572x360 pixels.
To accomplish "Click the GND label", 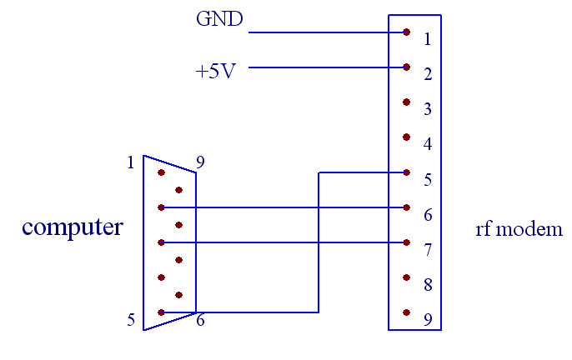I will [219, 18].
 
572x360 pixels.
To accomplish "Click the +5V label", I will [215, 72].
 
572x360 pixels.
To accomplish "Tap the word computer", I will [73, 227].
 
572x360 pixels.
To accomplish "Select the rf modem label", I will [519, 229].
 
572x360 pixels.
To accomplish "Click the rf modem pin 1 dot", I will [406, 32].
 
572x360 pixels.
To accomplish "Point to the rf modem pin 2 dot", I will [406, 67].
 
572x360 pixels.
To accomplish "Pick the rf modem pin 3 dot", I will [406, 102].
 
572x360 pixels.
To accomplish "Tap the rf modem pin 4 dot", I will [406, 137].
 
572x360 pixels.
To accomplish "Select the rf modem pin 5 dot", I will [406, 172].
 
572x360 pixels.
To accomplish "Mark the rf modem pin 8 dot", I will [406, 277].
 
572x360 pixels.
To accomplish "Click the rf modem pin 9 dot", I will [406, 312].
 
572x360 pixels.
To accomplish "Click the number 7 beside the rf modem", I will [427, 250].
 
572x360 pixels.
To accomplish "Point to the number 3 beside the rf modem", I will [427, 110].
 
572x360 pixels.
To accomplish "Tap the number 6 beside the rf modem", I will [427, 215].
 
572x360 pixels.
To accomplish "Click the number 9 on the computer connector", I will [200, 162].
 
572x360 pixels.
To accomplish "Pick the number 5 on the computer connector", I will [131, 319].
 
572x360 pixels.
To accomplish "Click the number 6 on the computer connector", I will [201, 320].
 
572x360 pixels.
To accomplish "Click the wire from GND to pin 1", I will [325, 32].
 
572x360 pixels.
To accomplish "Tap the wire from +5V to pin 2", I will [325, 67].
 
